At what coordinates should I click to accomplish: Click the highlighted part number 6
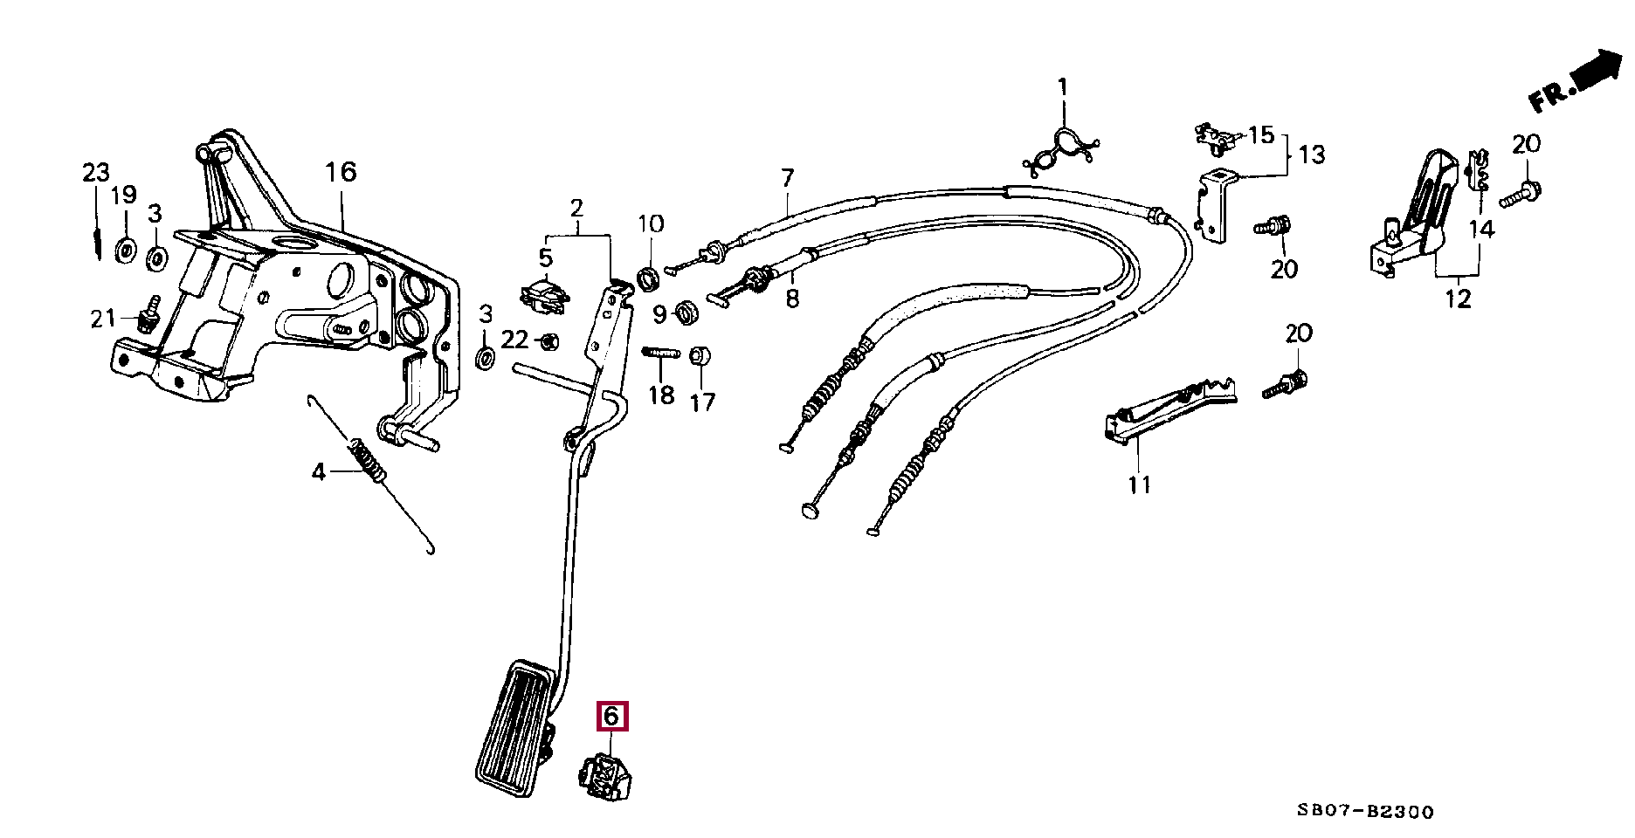pos(611,717)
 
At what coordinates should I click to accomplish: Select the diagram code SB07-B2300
pos(1364,812)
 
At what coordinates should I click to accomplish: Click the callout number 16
pos(341,172)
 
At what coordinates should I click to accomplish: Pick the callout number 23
pos(96,172)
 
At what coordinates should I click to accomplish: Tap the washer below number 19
pos(125,251)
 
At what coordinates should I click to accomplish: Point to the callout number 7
pos(788,179)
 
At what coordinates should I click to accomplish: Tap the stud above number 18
pos(661,354)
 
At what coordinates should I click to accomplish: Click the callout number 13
pos(1311,155)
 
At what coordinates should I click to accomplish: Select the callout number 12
pos(1458,299)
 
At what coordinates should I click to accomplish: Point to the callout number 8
pos(792,299)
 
